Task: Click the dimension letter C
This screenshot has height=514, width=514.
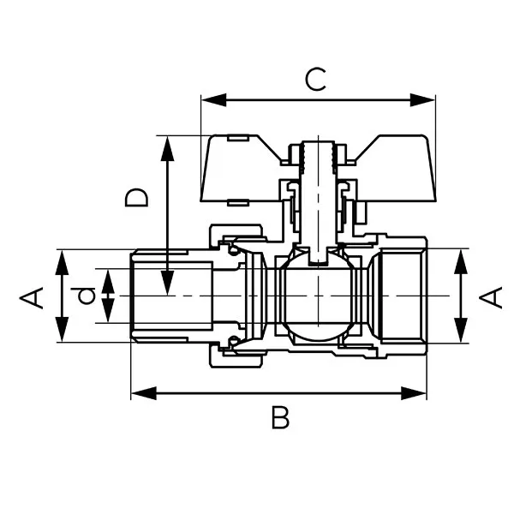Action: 316,80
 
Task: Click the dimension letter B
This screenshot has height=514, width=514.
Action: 280,418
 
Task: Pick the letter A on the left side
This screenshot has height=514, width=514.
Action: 32,297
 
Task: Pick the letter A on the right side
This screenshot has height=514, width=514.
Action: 490,297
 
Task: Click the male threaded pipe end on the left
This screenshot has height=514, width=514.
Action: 171,296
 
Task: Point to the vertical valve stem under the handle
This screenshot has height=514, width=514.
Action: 320,206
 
